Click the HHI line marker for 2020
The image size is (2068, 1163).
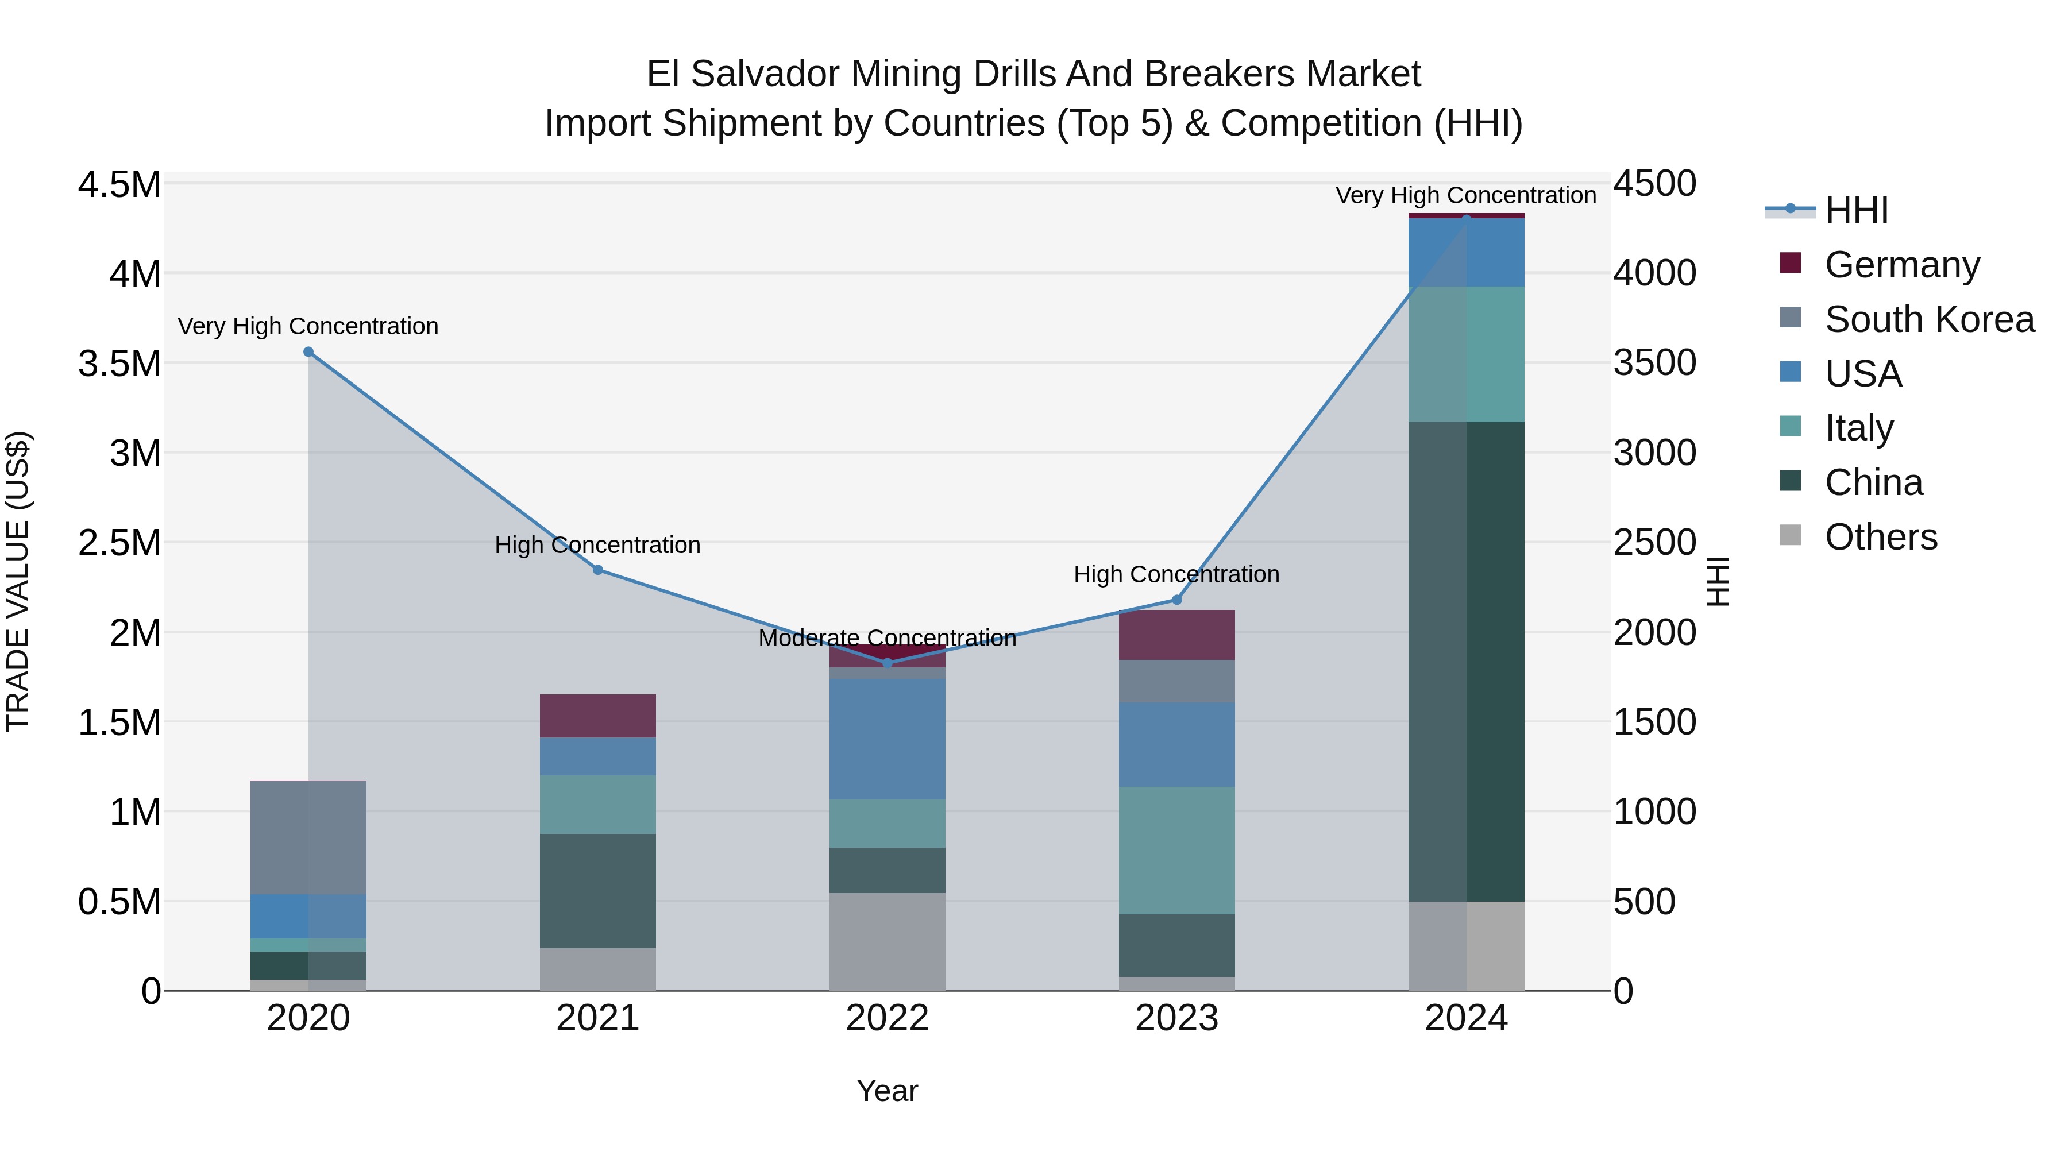click(x=308, y=351)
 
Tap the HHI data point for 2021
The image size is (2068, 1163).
click(x=598, y=570)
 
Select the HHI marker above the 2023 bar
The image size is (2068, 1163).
click(x=1177, y=600)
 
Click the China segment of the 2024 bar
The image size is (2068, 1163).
click(x=1467, y=662)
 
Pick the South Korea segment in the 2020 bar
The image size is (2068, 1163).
click(x=308, y=837)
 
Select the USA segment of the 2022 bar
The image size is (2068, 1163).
click(x=887, y=739)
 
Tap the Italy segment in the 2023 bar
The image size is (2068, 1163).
click(x=1177, y=851)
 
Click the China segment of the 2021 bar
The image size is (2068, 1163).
click(x=598, y=891)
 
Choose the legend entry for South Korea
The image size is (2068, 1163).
click(x=1929, y=319)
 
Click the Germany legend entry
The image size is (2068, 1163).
click(x=1902, y=265)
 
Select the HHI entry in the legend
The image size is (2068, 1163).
click(x=1856, y=210)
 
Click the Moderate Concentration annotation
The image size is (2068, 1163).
click(x=887, y=639)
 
